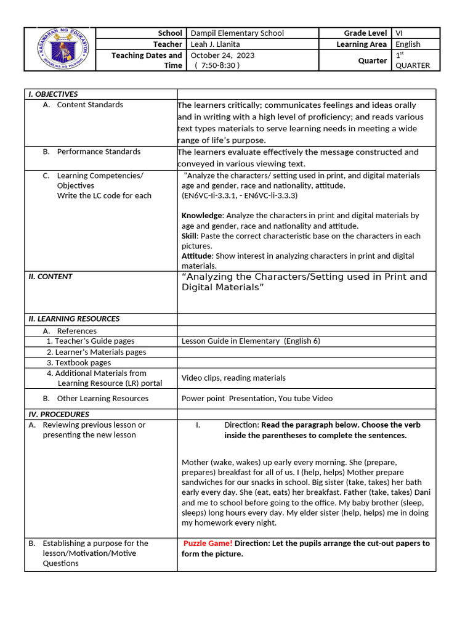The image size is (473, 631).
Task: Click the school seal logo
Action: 60,49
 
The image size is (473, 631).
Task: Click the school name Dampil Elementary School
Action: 237,33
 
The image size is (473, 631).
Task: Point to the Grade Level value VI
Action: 400,33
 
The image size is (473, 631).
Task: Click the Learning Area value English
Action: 408,44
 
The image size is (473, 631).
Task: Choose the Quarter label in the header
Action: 373,60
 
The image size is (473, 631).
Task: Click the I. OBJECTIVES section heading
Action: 54,94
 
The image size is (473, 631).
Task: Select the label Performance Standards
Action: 99,152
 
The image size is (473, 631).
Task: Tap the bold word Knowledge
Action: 202,216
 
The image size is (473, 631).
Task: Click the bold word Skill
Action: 189,236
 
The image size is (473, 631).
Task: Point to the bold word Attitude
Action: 196,256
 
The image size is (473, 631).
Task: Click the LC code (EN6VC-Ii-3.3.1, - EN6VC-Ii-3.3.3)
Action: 240,195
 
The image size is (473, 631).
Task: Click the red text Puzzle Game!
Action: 208,543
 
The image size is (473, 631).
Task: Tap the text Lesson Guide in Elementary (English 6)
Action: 251,341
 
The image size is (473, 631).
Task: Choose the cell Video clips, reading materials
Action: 233,378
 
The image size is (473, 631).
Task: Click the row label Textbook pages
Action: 79,363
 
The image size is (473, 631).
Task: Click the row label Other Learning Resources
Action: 102,399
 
